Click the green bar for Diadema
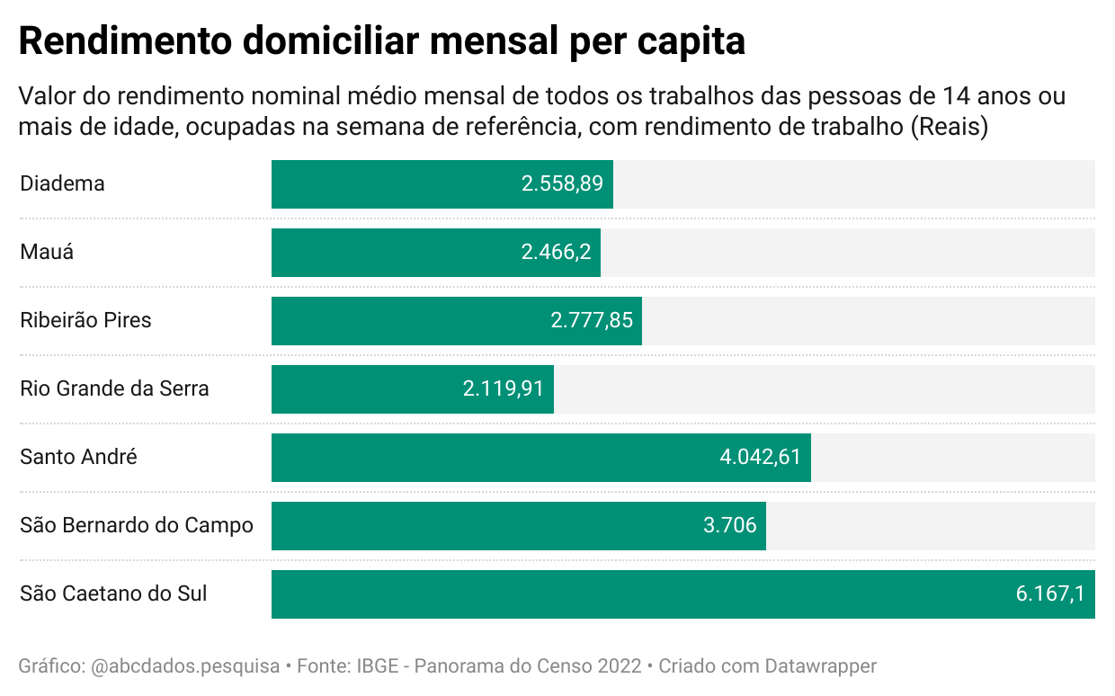click(396, 184)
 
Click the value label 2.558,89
click(563, 184)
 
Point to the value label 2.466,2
click(556, 253)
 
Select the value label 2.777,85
click(592, 321)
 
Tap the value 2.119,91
click(504, 389)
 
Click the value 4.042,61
click(760, 458)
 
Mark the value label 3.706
click(729, 526)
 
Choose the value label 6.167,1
click(1050, 594)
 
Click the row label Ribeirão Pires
click(85, 320)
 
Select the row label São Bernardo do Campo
click(137, 525)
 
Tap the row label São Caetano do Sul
click(113, 593)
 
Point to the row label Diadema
click(62, 183)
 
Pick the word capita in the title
click(691, 41)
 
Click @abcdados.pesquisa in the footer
click(185, 666)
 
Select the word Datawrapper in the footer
click(820, 666)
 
